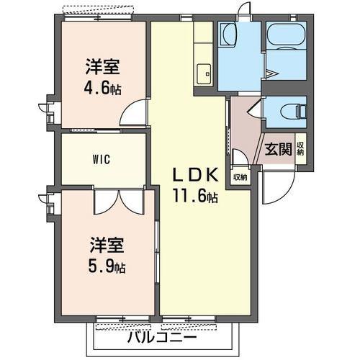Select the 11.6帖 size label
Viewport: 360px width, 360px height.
click(x=194, y=194)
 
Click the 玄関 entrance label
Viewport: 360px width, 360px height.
click(x=278, y=149)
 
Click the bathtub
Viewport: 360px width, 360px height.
click(x=286, y=46)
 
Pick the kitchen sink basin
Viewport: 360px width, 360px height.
click(x=204, y=72)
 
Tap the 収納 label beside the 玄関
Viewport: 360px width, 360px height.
click(x=300, y=148)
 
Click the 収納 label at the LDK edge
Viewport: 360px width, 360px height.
click(x=239, y=176)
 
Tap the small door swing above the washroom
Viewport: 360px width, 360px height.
click(x=246, y=12)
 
